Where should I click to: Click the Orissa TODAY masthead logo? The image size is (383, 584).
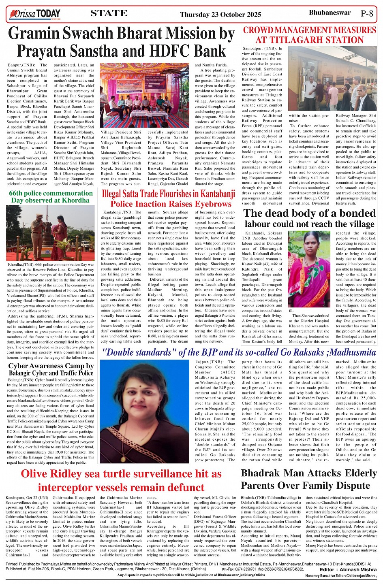click(35, 14)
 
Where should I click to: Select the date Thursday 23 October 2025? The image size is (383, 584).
click(220, 15)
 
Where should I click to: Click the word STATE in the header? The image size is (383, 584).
click(109, 13)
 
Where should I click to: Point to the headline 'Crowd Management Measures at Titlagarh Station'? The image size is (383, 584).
click(310, 35)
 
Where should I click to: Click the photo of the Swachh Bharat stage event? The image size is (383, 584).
click(144, 95)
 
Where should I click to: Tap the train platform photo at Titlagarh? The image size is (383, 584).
click(332, 78)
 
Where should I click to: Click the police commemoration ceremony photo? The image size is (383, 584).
click(50, 233)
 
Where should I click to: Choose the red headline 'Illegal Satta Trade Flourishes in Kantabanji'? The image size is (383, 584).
click(168, 194)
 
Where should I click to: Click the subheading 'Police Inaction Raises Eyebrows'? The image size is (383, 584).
click(171, 204)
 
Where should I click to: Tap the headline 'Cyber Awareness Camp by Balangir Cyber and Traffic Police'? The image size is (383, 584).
click(51, 369)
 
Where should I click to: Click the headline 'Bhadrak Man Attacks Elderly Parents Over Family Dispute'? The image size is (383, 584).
click(309, 479)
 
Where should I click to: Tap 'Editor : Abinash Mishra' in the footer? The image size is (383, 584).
click(348, 569)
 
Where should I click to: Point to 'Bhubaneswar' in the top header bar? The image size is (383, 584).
click(330, 13)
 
